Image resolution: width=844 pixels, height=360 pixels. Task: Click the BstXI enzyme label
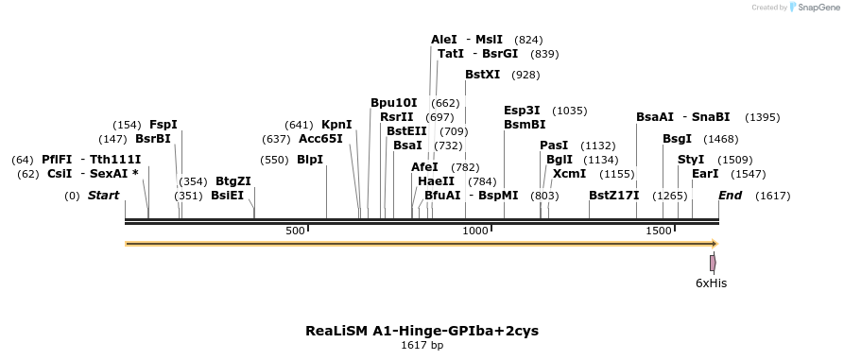coord(482,74)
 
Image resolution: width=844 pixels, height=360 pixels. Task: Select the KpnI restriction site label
coord(336,124)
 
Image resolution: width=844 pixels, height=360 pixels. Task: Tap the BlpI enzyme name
coord(310,160)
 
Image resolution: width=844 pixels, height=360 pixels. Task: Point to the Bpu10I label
coord(393,102)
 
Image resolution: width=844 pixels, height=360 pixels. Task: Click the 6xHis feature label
coord(711,283)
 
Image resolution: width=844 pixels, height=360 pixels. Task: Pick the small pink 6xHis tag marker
coord(713,263)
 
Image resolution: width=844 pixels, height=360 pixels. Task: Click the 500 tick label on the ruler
coord(296,231)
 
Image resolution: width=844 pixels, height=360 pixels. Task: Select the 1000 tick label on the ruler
coord(475,231)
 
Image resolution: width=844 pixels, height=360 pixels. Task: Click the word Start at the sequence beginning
coord(103,196)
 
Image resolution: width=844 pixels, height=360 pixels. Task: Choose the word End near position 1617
coord(730,196)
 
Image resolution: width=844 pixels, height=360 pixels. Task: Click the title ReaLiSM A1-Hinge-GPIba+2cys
coord(422,331)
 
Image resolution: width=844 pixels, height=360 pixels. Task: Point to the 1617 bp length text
coord(422,345)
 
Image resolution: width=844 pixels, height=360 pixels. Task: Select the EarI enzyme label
coord(705,174)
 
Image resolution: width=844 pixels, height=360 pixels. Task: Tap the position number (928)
coord(525,74)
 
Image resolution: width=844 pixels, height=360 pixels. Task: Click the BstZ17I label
coord(614,196)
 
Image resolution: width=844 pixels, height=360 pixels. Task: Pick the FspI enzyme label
coord(164,124)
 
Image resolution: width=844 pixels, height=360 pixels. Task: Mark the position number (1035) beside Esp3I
coord(569,110)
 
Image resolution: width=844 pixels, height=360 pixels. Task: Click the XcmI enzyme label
coord(568,174)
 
